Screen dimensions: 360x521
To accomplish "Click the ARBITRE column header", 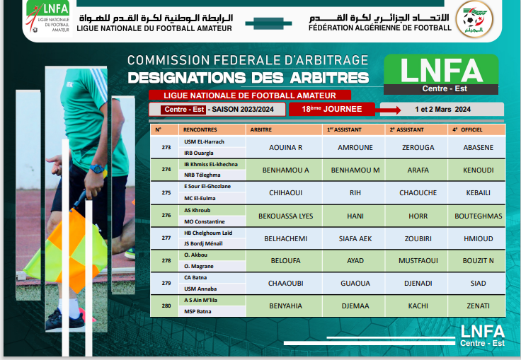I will click(261, 130).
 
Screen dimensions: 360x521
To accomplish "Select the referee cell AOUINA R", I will click(286, 148).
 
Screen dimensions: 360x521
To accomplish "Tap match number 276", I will click(166, 215).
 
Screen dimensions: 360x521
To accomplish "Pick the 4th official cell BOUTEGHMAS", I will click(479, 216).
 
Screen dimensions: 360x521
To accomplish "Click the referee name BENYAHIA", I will click(285, 306).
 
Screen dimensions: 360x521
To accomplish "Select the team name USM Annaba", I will click(200, 289).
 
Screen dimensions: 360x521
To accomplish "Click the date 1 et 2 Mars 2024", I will click(442, 110).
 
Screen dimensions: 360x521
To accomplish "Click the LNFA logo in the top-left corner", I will click(46, 13).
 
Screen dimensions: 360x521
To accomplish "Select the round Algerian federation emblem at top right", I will click(474, 19).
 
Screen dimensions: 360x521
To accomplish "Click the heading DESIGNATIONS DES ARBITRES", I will click(248, 77).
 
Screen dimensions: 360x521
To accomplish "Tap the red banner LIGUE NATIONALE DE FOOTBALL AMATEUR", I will click(249, 95).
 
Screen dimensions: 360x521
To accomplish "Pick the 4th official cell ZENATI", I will click(479, 306).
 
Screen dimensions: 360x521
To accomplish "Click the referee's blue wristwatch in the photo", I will click(96, 169).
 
